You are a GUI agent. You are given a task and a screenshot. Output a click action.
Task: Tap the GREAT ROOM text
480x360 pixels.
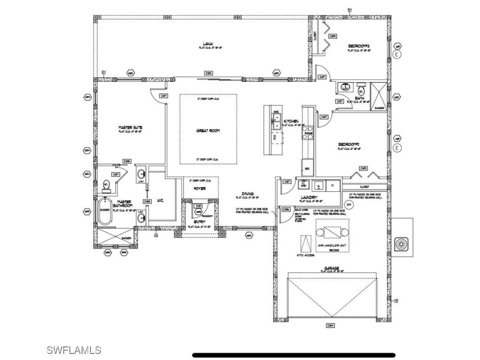point(208,131)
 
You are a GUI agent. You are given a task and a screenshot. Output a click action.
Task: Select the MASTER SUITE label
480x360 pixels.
point(127,127)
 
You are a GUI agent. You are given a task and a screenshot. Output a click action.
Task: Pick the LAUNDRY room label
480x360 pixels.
point(309,197)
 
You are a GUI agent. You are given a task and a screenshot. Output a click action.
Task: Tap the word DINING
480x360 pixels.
point(247,194)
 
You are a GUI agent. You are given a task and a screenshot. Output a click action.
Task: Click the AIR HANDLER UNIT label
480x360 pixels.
point(334,245)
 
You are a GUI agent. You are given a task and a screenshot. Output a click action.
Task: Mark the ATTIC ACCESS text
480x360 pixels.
point(305,255)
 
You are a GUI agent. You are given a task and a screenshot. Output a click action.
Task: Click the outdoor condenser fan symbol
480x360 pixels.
point(402,244)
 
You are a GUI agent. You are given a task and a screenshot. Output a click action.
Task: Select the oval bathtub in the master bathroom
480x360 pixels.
point(105,211)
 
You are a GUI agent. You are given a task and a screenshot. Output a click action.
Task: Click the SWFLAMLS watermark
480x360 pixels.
point(74,350)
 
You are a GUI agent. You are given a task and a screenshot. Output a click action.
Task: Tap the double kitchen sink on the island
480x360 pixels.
point(276,120)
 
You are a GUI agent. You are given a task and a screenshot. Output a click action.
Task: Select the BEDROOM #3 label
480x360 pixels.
point(359,46)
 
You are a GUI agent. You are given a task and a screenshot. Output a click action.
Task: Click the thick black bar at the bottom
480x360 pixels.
point(294,355)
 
